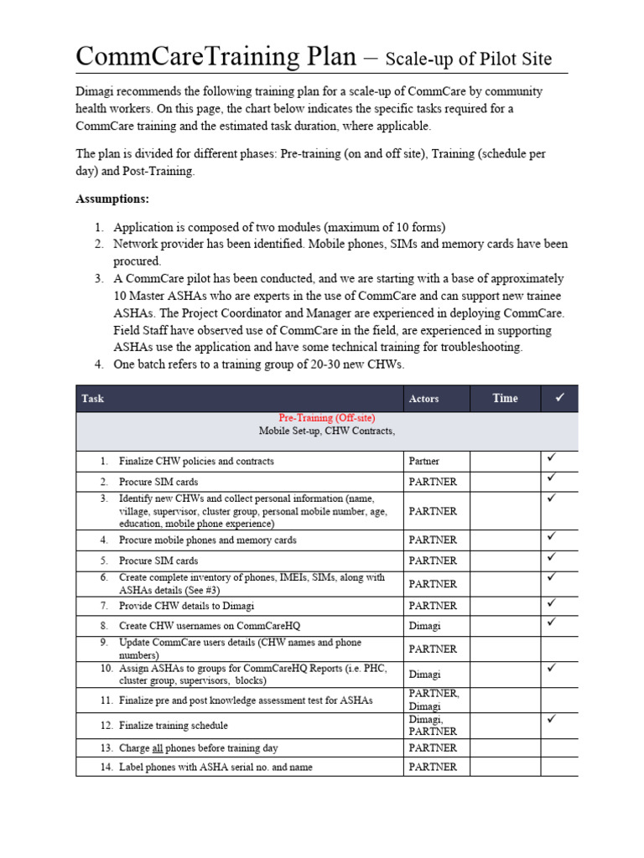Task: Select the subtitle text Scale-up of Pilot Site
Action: (x=469, y=58)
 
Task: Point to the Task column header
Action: (x=93, y=399)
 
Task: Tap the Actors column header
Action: (x=423, y=399)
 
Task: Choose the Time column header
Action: (x=505, y=399)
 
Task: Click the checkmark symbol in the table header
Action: (x=558, y=398)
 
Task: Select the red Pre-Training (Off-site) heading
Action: (x=326, y=417)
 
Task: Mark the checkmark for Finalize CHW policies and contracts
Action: (x=552, y=458)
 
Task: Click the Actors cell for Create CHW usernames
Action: (x=423, y=626)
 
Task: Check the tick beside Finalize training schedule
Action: (x=552, y=719)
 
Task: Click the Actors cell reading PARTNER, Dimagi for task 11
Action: (x=434, y=700)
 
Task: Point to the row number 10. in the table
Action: (x=106, y=669)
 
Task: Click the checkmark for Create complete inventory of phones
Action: (x=552, y=576)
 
